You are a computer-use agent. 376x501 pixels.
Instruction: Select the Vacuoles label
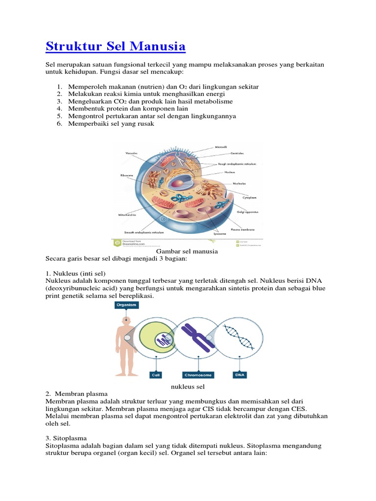click(x=132, y=154)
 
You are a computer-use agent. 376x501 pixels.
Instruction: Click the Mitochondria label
click(x=127, y=214)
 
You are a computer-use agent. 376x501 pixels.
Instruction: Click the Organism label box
click(x=126, y=305)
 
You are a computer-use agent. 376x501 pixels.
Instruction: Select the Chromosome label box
click(x=198, y=375)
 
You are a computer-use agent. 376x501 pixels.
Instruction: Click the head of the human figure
click(x=126, y=322)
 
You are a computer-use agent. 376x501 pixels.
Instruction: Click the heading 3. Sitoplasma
click(x=66, y=438)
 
